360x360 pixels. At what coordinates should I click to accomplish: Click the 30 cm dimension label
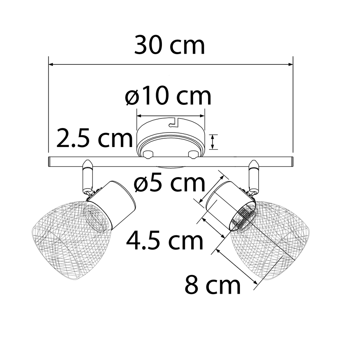click(170, 46)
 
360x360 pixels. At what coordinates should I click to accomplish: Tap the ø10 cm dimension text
click(168, 97)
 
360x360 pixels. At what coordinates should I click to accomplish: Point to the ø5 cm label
click(170, 184)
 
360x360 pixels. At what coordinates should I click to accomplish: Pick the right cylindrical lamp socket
click(227, 206)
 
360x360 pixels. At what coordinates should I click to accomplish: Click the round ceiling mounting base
click(171, 139)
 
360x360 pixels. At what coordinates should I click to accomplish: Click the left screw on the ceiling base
click(148, 154)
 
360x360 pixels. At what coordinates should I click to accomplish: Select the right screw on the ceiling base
click(194, 154)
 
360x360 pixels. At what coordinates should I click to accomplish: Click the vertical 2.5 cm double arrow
click(213, 142)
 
